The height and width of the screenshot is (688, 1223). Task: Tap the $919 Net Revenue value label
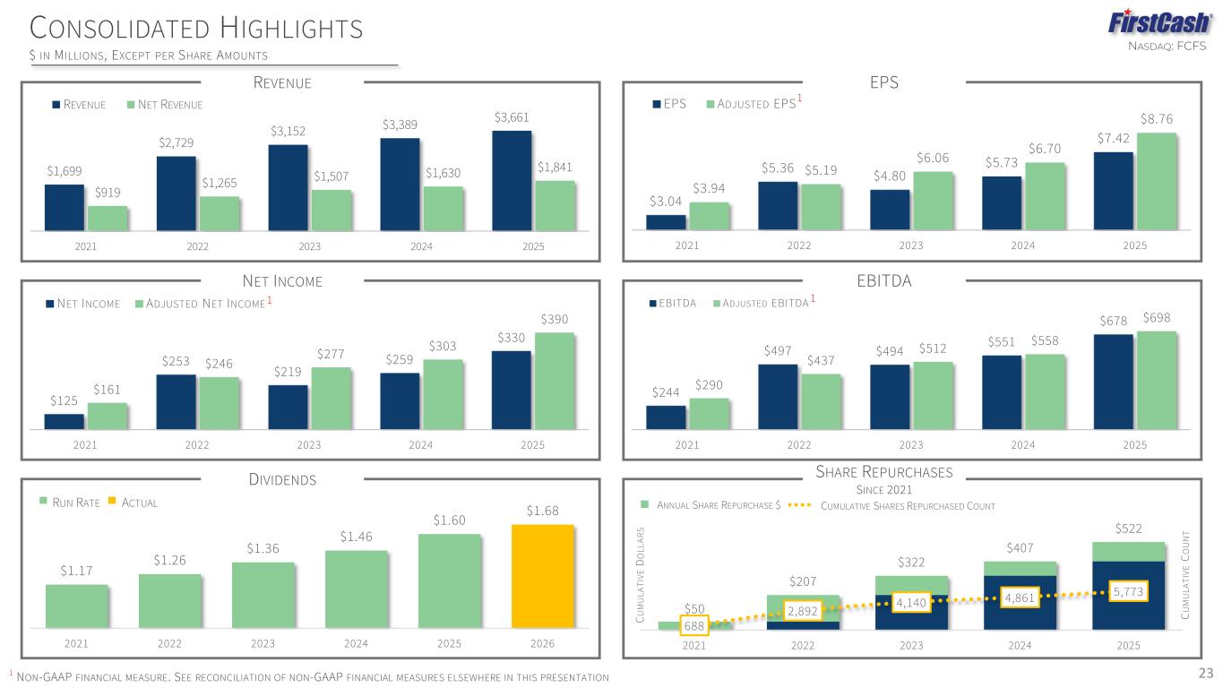(x=108, y=192)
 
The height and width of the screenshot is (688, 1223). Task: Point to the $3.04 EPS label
(x=666, y=202)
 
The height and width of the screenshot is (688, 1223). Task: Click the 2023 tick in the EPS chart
(x=911, y=245)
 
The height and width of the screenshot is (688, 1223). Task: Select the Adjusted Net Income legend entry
(x=201, y=305)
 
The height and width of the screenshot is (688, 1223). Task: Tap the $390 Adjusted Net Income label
(x=555, y=320)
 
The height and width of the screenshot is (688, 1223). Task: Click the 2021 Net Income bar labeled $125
(x=64, y=421)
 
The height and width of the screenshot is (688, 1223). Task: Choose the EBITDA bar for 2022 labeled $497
(x=778, y=396)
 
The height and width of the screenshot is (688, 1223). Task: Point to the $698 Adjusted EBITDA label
(x=1157, y=318)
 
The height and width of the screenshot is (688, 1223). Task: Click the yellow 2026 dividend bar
(x=542, y=575)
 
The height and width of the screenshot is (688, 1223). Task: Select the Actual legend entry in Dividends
(x=133, y=503)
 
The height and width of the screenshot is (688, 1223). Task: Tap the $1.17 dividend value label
(x=76, y=571)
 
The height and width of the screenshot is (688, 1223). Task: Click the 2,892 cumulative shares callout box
(x=802, y=611)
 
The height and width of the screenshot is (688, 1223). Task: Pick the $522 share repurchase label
(x=1129, y=530)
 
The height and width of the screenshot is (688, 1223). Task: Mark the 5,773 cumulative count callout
(x=1128, y=592)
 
